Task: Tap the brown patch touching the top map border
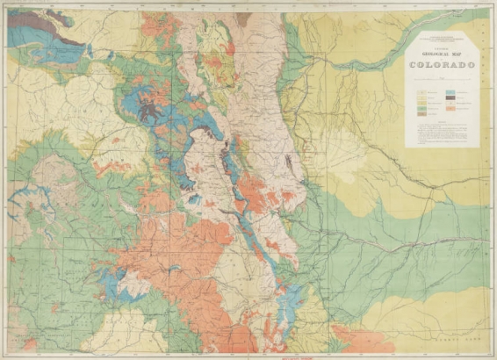(243, 18)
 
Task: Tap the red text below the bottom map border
(248, 355)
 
